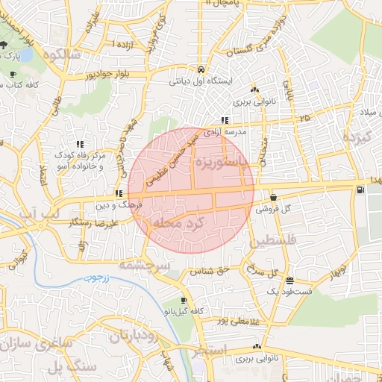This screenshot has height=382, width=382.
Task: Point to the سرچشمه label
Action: [145, 265]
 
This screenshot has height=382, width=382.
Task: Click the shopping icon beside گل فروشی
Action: [273, 198]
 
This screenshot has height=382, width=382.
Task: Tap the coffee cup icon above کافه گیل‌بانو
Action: [184, 300]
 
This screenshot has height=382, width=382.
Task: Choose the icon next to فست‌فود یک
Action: [289, 281]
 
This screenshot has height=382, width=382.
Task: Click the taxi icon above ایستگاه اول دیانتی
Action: [201, 69]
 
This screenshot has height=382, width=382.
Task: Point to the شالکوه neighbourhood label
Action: [61, 54]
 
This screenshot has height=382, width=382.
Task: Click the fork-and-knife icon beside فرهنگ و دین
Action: [119, 193]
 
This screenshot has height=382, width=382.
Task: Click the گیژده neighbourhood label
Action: [356, 138]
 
